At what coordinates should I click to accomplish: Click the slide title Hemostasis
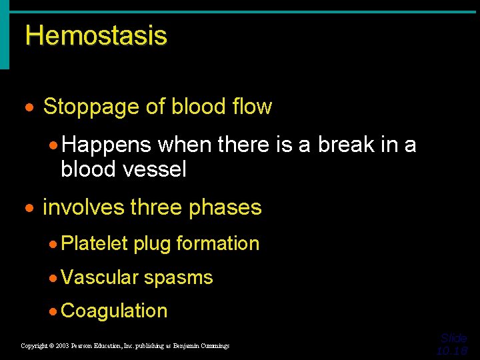(96, 35)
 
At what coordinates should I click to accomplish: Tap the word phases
(225, 208)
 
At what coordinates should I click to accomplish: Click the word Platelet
(94, 244)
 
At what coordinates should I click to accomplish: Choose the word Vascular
(99, 277)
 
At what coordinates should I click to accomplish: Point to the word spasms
(179, 278)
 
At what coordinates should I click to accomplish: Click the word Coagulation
(114, 311)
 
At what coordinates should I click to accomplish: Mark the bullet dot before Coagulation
(54, 311)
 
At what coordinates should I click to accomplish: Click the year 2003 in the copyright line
(62, 346)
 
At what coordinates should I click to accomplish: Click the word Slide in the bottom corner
(453, 339)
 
